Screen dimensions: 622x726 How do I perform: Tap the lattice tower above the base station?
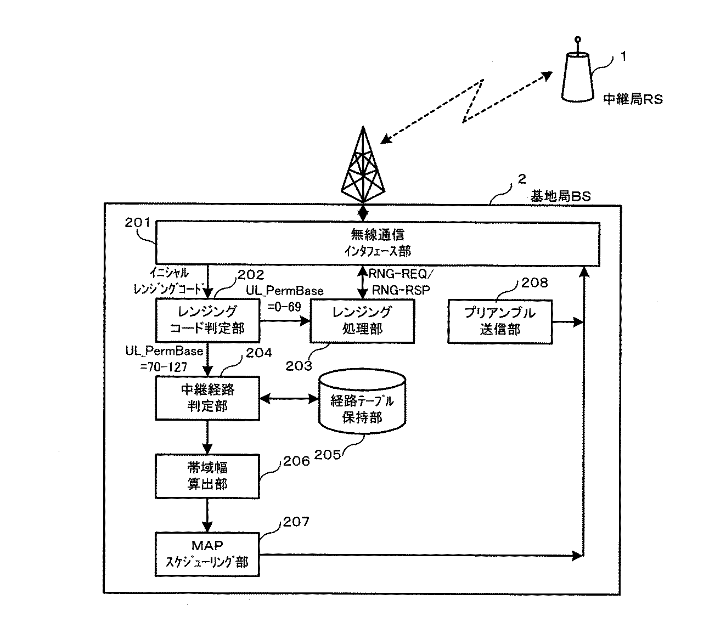[x=363, y=167]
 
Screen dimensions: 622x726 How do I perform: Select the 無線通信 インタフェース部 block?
[x=377, y=242]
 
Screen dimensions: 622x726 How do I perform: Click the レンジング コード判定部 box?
[x=207, y=320]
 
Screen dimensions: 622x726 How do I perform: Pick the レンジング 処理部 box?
[x=362, y=320]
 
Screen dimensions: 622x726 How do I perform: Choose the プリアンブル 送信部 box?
[x=500, y=321]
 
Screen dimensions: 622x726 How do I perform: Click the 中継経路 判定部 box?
[x=207, y=398]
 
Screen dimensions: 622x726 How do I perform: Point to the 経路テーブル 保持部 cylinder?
[x=362, y=403]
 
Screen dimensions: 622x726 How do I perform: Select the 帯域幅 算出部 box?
[x=207, y=476]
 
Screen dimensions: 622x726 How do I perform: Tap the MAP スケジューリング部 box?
[x=207, y=554]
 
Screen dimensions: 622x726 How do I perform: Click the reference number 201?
[x=137, y=223]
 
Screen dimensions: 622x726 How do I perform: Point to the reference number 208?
[x=534, y=282]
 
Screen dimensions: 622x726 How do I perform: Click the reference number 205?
[x=328, y=454]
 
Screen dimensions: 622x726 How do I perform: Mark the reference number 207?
[x=296, y=522]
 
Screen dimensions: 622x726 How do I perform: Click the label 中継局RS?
[x=633, y=99]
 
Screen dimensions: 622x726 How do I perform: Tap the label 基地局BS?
[x=560, y=196]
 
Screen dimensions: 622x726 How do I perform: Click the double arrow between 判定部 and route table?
[x=289, y=399]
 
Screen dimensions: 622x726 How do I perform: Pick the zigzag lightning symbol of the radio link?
[x=474, y=100]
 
